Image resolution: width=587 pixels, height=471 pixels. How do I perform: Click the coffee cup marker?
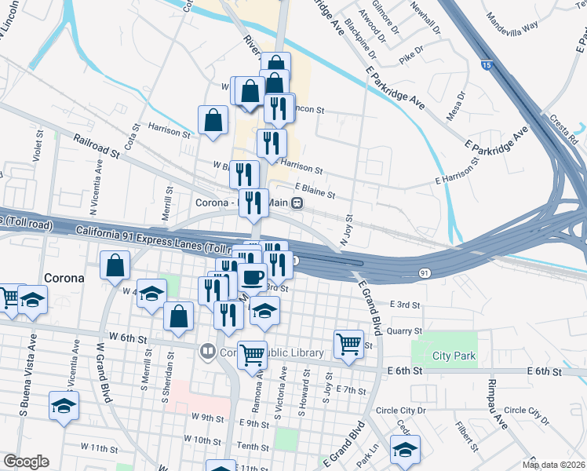(253, 277)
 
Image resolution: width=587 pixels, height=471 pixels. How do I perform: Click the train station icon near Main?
(297, 203)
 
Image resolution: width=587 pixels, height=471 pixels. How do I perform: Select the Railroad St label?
(97, 146)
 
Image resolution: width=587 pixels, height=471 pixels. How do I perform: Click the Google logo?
(26, 462)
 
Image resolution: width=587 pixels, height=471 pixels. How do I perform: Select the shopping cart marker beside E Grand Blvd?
(348, 343)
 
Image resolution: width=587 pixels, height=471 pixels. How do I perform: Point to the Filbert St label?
(469, 436)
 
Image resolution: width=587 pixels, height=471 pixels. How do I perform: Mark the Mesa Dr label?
(456, 106)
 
